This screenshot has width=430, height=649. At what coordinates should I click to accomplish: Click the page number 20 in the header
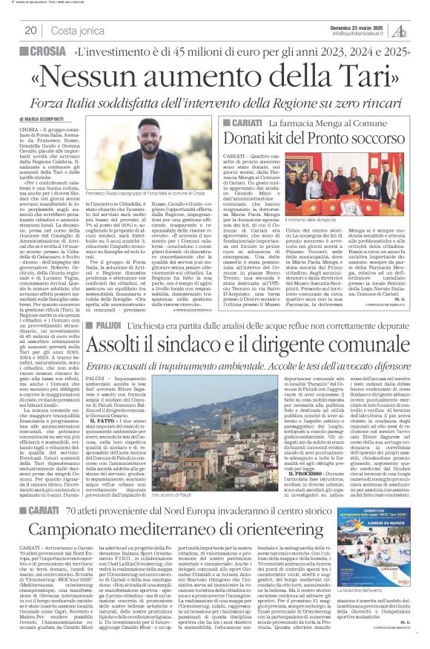point(30,30)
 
